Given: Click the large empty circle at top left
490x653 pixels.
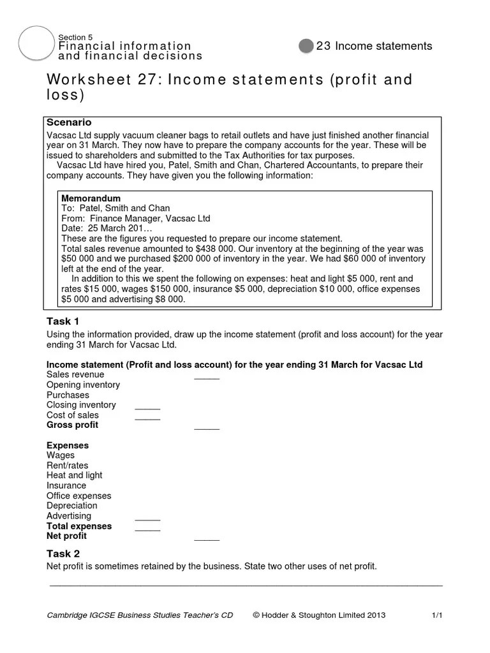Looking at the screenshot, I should tap(37, 46).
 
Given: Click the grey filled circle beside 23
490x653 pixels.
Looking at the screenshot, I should tap(306, 46).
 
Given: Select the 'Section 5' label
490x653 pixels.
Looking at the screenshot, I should tap(75, 37).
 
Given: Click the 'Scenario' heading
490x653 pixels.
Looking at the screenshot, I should tap(69, 122).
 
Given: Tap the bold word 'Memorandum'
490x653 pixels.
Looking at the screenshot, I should tap(91, 198).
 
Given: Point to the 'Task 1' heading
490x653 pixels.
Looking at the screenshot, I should tap(63, 321).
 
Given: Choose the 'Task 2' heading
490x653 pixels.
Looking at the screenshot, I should tap(63, 554).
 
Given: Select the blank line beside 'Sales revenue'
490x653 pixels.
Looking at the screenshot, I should tap(206, 378).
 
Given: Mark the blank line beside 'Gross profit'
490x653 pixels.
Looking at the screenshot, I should tap(206, 427).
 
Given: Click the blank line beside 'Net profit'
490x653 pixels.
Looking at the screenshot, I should tap(206, 539).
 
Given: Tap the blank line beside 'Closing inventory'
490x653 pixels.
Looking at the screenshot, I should tap(147, 407).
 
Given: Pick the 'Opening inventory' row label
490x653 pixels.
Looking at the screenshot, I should tap(83, 385).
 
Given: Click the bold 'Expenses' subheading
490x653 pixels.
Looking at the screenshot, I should tap(68, 445).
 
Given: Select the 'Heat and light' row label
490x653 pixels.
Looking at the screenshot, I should tap(74, 475).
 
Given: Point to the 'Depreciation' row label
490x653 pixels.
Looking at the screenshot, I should tap(71, 506).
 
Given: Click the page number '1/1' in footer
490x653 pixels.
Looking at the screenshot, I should tap(437, 615).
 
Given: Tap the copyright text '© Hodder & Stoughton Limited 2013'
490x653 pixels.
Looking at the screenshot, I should tap(319, 615).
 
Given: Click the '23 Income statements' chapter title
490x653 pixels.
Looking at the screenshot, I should tap(374, 46).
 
